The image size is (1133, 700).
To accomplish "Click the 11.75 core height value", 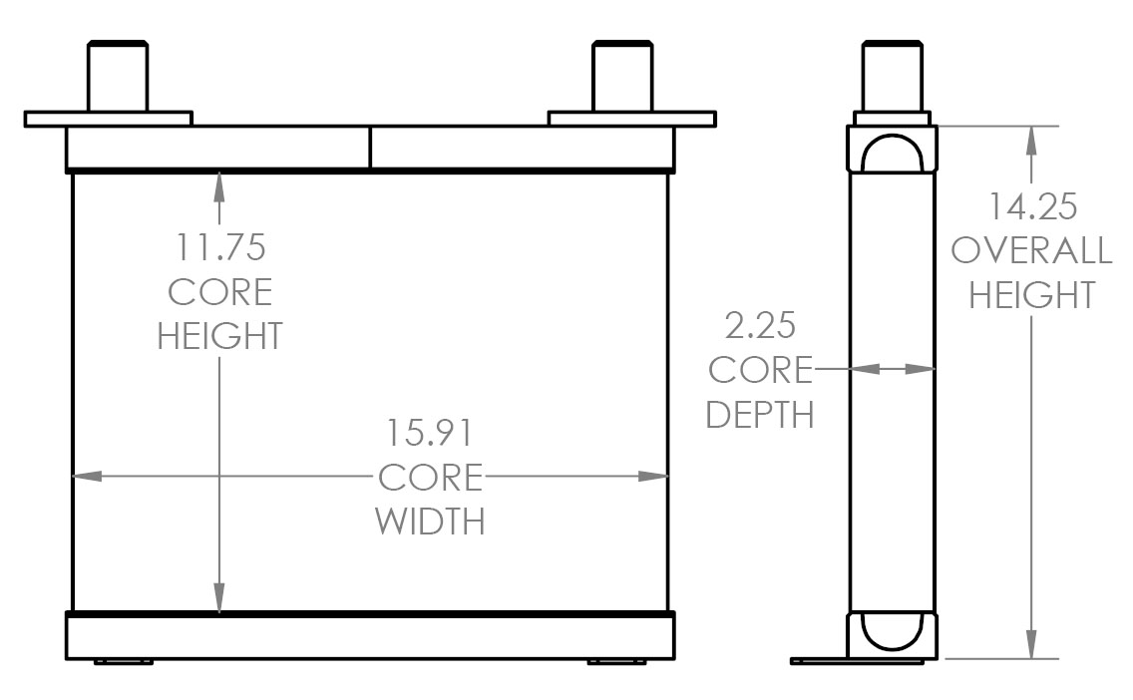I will pyautogui.click(x=219, y=246).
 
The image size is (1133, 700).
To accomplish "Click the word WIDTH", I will pyautogui.click(x=430, y=521).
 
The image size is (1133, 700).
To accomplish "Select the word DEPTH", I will pyautogui.click(x=760, y=414).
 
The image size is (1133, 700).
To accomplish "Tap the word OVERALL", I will pyautogui.click(x=1031, y=250).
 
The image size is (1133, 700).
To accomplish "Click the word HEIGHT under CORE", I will pyautogui.click(x=219, y=335).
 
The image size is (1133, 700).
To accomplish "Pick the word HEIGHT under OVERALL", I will pyautogui.click(x=1032, y=295).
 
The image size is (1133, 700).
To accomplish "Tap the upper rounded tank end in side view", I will pyautogui.click(x=893, y=151).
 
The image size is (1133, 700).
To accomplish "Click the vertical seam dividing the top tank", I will pyautogui.click(x=370, y=148).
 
